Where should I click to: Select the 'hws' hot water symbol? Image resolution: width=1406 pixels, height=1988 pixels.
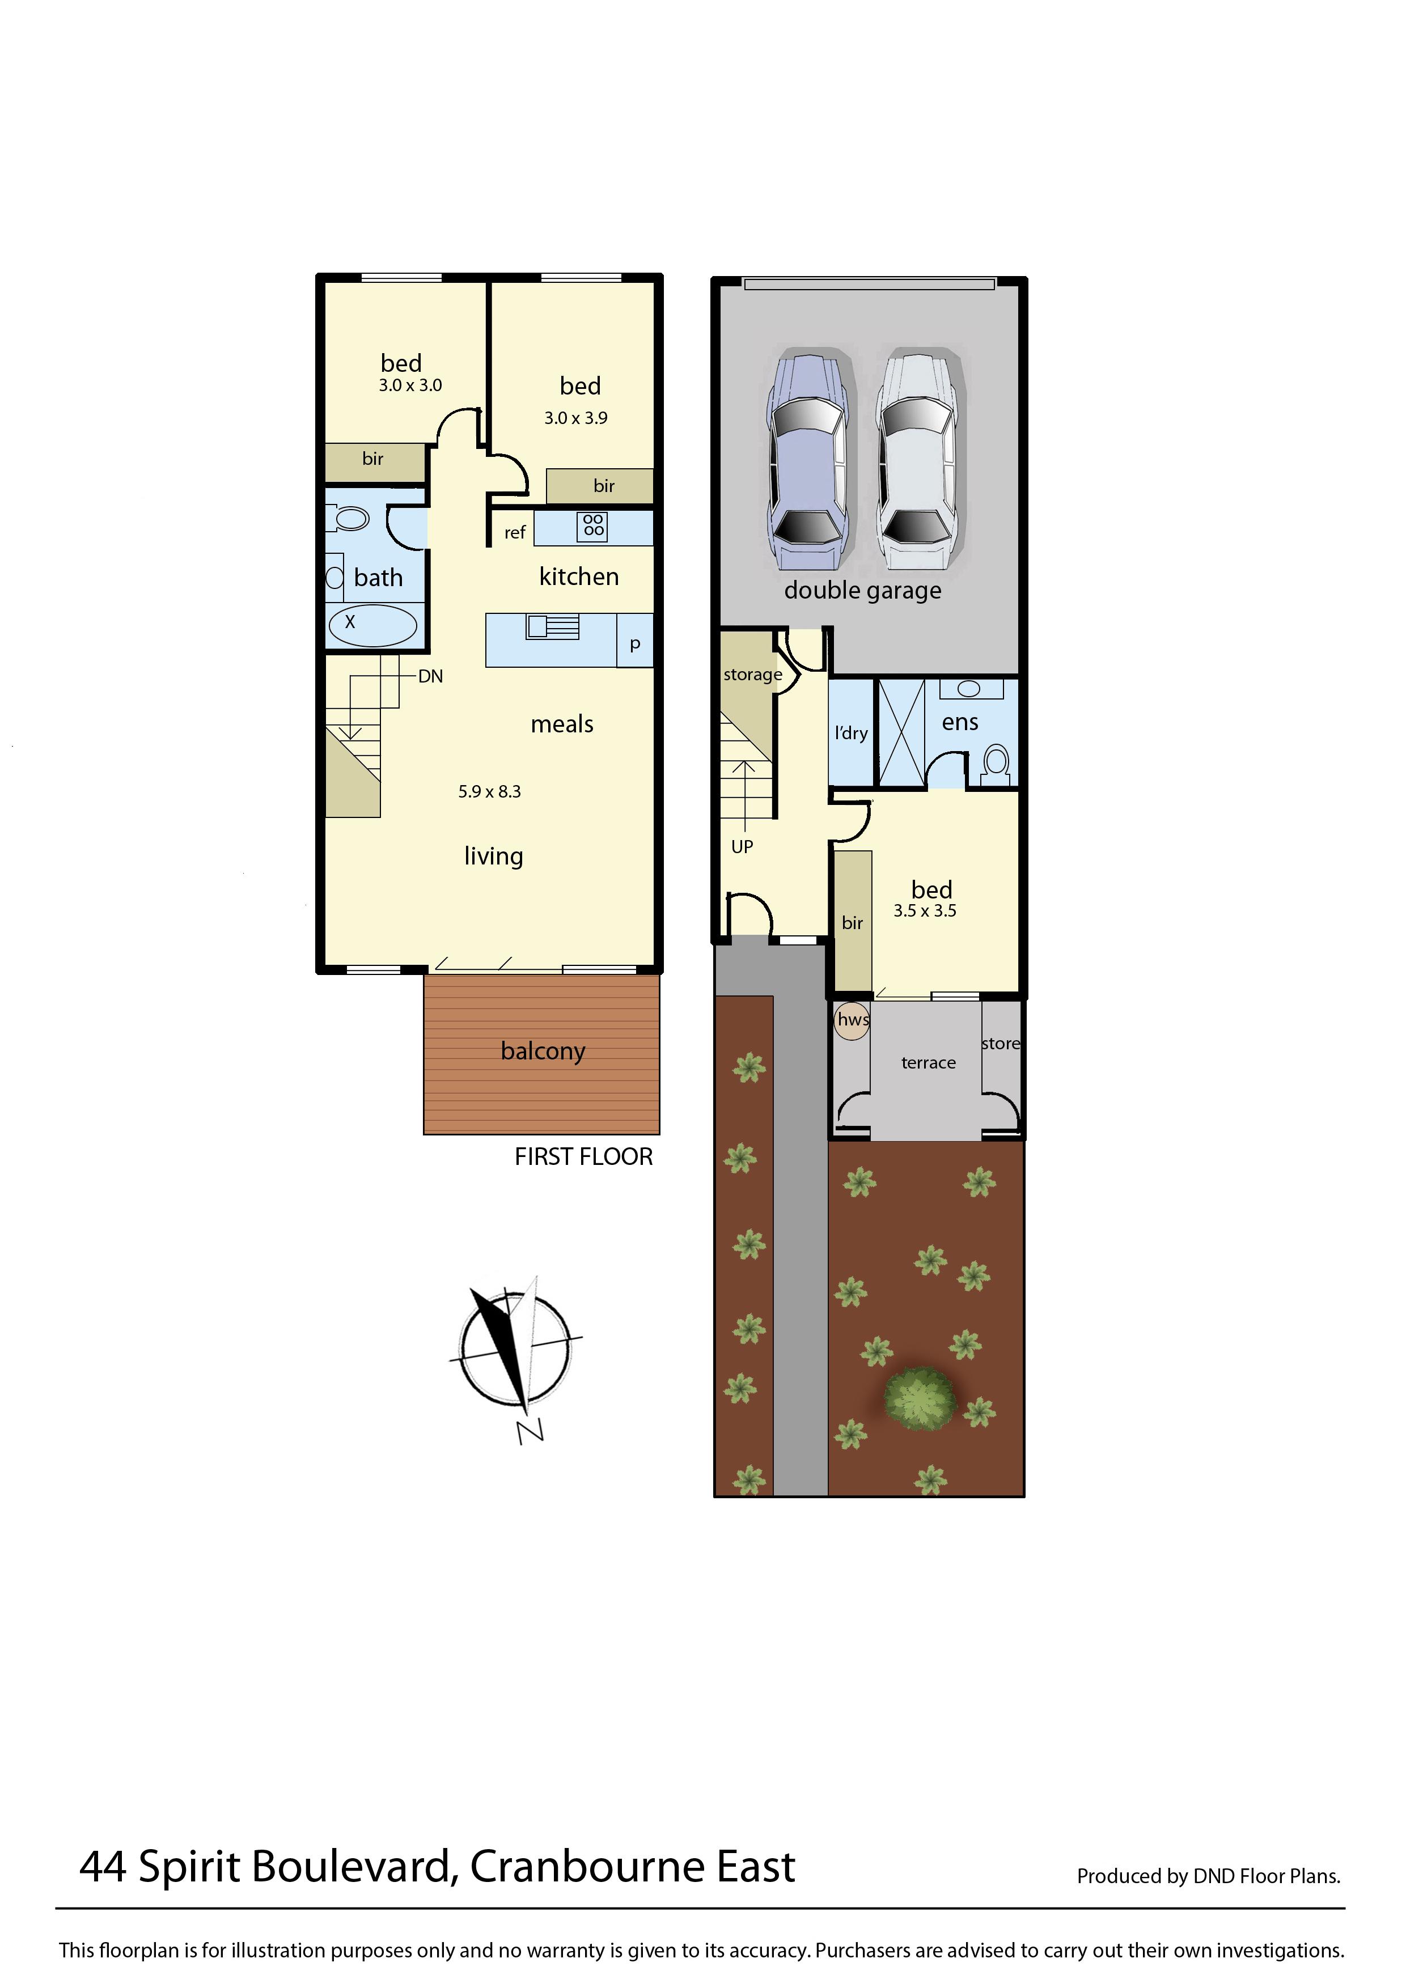[853, 1020]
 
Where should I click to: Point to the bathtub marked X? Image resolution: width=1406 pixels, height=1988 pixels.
[372, 624]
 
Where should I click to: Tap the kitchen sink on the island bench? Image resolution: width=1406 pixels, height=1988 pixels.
[552, 626]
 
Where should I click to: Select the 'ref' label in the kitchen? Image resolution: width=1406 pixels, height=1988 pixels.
[515, 532]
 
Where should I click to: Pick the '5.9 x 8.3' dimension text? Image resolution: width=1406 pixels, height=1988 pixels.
[490, 791]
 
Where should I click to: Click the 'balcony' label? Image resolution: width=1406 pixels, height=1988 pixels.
[543, 1051]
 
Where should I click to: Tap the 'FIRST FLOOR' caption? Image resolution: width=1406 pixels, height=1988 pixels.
[583, 1157]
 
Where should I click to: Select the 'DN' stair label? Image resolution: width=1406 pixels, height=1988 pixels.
[430, 676]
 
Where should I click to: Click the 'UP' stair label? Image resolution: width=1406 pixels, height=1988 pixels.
[742, 847]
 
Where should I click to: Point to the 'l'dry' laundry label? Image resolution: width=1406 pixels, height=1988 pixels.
[851, 734]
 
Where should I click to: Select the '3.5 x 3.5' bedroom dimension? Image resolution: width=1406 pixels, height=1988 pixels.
[925, 911]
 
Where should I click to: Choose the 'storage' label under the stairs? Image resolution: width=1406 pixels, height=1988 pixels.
[752, 675]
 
